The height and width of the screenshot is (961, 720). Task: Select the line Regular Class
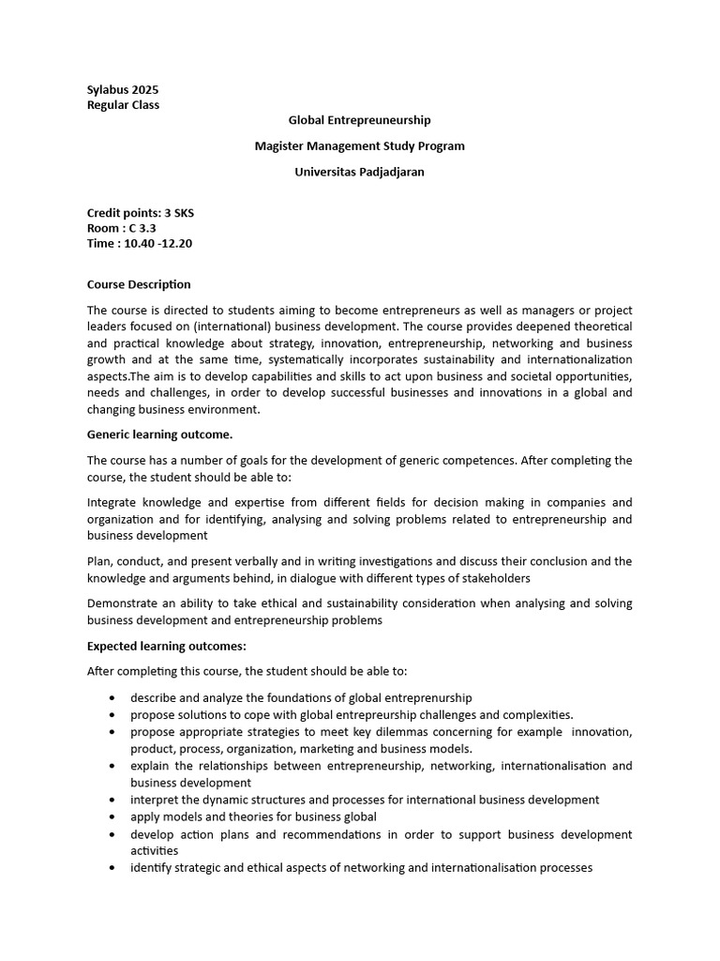click(123, 105)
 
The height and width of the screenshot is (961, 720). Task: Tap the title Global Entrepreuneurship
click(359, 120)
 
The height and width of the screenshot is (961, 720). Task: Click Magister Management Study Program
click(359, 145)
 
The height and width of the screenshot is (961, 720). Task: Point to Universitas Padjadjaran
click(359, 172)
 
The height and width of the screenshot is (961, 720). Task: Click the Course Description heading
click(139, 284)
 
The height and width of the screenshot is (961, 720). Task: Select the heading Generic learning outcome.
click(159, 435)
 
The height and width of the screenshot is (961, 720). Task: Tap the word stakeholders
click(496, 578)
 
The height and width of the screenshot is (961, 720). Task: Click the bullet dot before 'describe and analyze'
click(112, 698)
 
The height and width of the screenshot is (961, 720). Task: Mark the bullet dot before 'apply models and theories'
click(112, 817)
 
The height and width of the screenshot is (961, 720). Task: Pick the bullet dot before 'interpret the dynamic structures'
click(112, 801)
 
